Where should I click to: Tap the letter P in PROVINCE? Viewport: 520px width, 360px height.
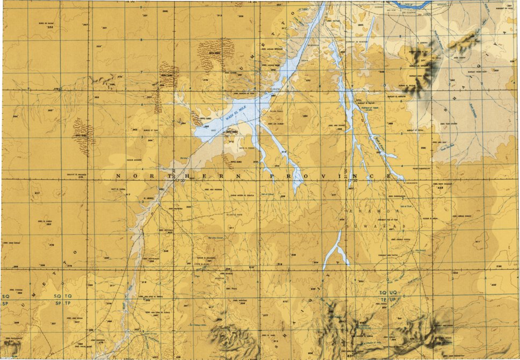pos(270,176)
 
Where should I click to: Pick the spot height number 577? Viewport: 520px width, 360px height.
pos(264,315)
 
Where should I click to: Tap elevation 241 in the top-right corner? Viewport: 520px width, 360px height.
pos(509,5)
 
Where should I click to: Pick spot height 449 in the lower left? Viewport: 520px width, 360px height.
pos(16,323)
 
